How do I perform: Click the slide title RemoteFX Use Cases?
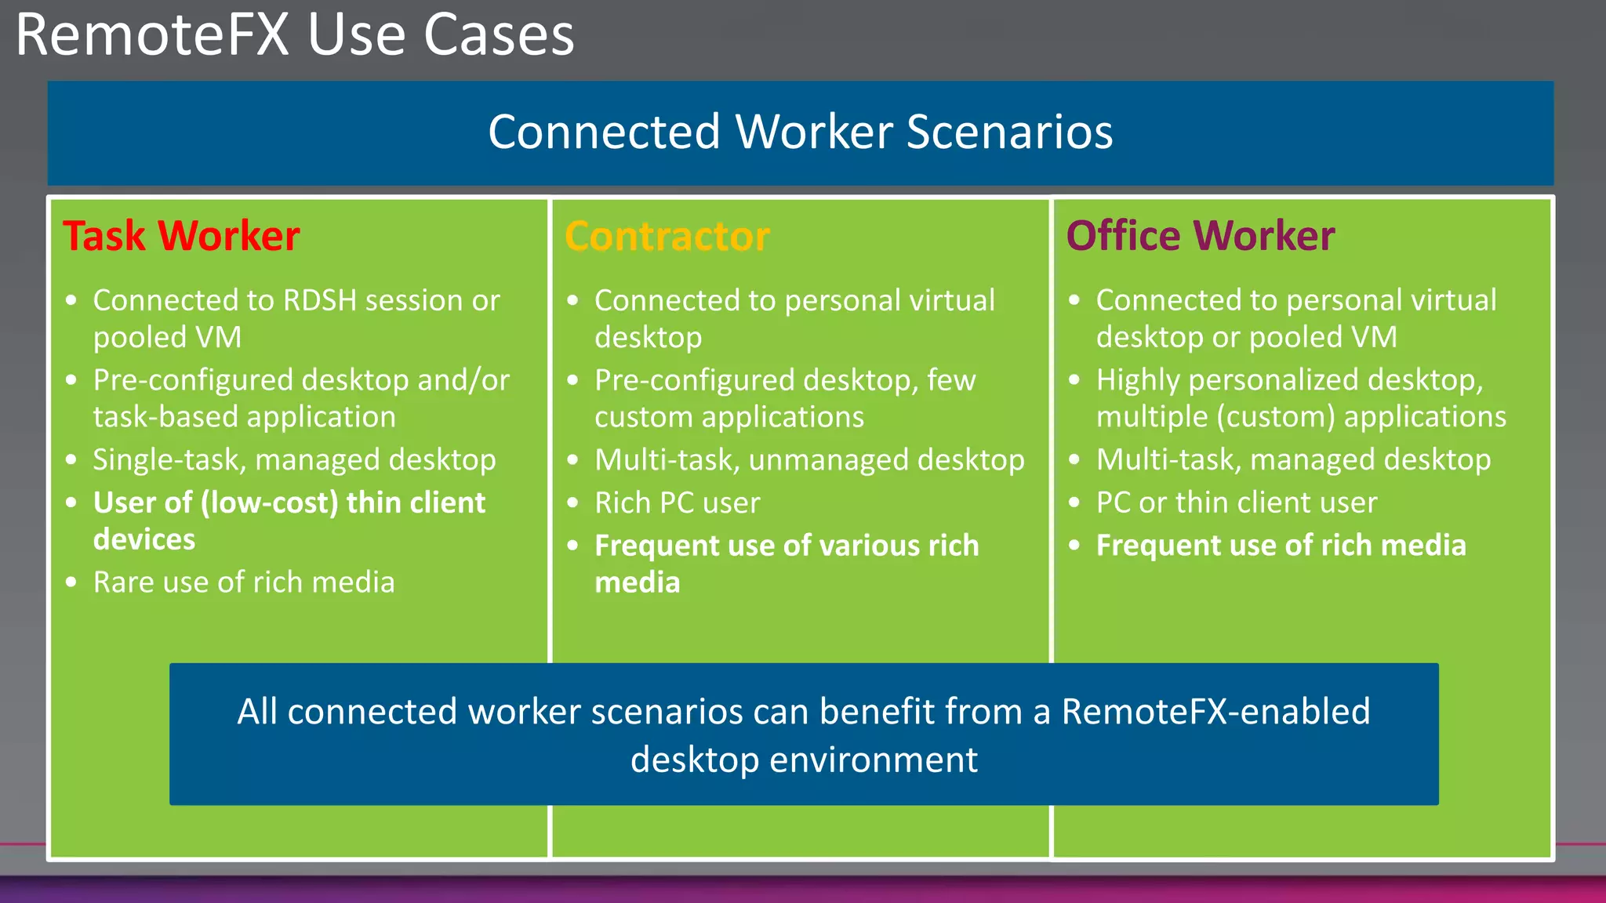pyautogui.click(x=295, y=36)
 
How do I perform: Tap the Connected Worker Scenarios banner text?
pyautogui.click(x=800, y=132)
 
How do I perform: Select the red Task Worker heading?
pyautogui.click(x=181, y=236)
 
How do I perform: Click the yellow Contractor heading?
pyautogui.click(x=667, y=237)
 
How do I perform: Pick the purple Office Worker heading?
pyautogui.click(x=1200, y=236)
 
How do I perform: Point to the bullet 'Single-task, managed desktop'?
pyautogui.click(x=294, y=460)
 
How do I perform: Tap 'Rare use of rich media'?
pyautogui.click(x=244, y=582)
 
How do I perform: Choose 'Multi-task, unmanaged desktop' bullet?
pyautogui.click(x=809, y=460)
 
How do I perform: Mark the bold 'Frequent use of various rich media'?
pyautogui.click(x=787, y=563)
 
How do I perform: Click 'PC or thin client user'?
pyautogui.click(x=1236, y=502)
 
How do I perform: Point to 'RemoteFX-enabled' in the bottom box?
pyautogui.click(x=1215, y=712)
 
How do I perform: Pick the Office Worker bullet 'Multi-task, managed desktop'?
pyautogui.click(x=1293, y=460)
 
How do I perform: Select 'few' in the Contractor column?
pyautogui.click(x=951, y=380)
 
